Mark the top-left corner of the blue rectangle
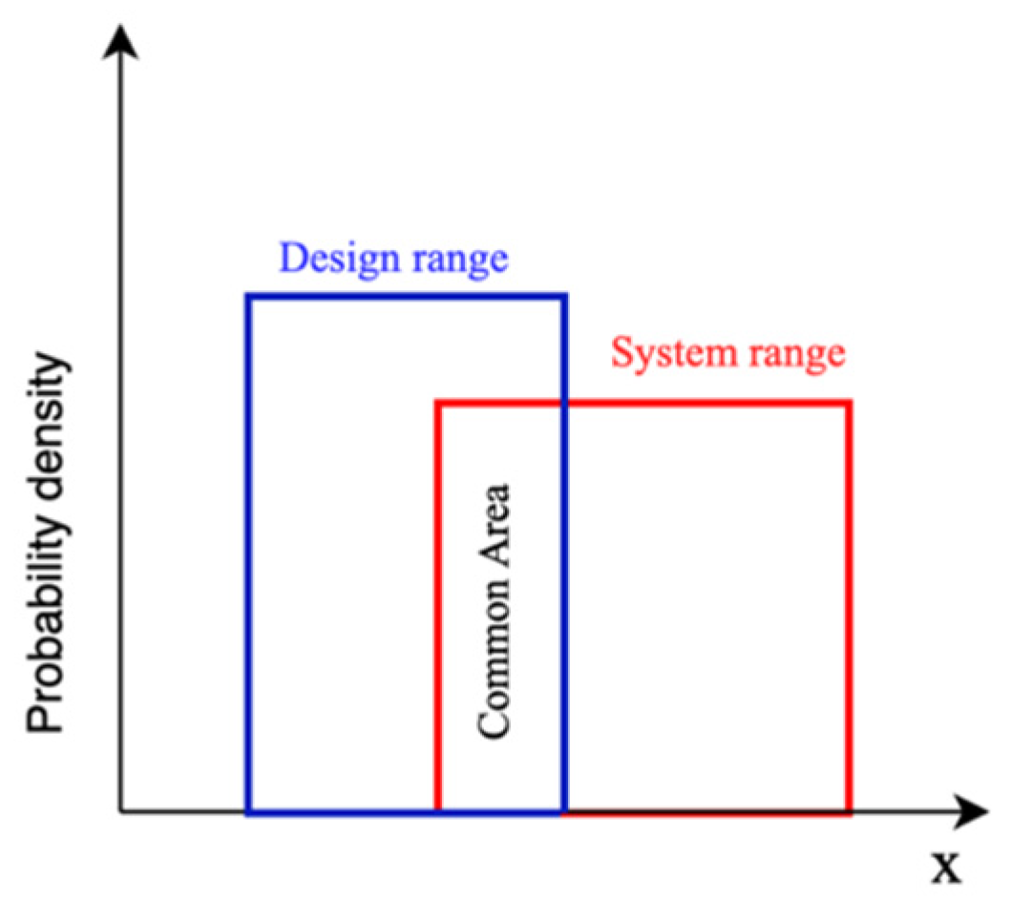click(x=248, y=297)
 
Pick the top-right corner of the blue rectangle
click(x=564, y=297)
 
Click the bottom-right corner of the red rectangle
click(x=849, y=812)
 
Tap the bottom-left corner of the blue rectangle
click(x=248, y=812)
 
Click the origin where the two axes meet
click(x=120, y=813)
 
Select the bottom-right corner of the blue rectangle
click(x=564, y=812)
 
